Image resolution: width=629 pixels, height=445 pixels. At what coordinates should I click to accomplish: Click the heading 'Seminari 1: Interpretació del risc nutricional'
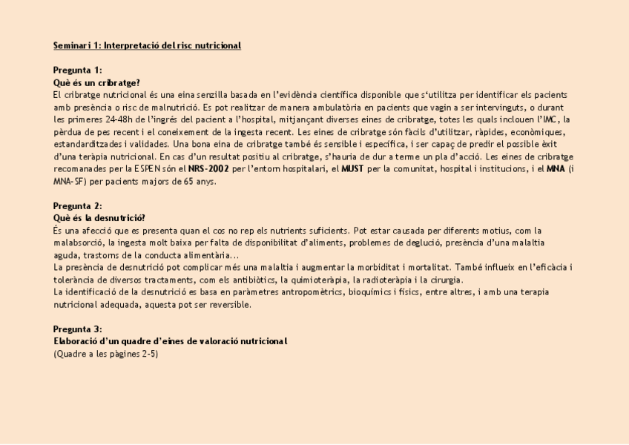pos(147,46)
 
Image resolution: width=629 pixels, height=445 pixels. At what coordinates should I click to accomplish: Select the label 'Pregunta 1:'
pos(78,70)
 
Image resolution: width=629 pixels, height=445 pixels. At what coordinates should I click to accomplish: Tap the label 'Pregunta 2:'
pos(78,205)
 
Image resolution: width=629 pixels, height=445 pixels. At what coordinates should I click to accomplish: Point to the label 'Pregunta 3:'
pos(78,329)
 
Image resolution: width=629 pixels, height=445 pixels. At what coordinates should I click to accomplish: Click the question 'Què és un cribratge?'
pos(96,82)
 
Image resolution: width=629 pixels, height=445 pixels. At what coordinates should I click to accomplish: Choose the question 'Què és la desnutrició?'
pos(99,218)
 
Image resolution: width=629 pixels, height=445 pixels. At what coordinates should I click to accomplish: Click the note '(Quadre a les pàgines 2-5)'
pos(105,354)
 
